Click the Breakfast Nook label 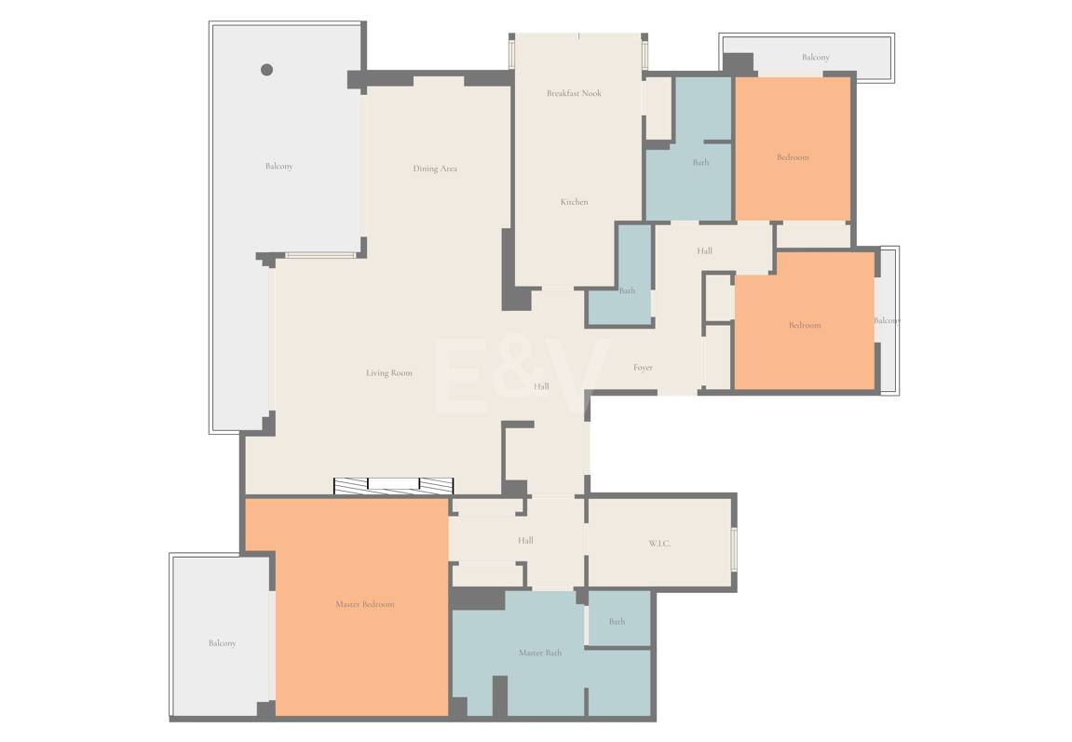(574, 93)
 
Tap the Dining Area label (435, 169)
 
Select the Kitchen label (575, 201)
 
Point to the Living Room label (389, 373)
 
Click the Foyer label (643, 368)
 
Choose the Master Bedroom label (365, 604)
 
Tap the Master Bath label (540, 653)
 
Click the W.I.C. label (659, 544)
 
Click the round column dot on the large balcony (267, 70)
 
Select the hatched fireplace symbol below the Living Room (393, 486)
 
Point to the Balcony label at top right (816, 58)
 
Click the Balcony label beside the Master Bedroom (223, 643)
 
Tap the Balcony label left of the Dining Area (278, 166)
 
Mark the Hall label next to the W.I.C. (525, 541)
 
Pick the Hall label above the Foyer (704, 250)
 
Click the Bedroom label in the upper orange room (794, 157)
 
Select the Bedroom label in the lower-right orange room (805, 325)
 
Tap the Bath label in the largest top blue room (700, 163)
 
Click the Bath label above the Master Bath (617, 622)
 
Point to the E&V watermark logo (522, 375)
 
